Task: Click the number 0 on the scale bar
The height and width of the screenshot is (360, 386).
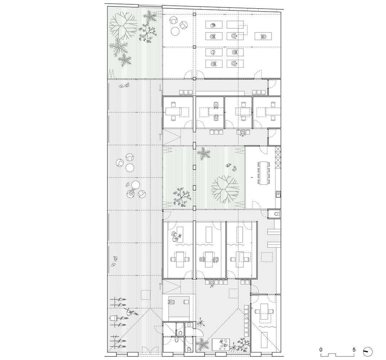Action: click(321, 350)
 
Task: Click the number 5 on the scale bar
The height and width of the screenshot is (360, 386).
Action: click(354, 350)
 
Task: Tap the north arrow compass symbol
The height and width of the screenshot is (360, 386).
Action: click(368, 351)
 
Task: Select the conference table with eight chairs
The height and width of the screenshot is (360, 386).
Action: click(264, 173)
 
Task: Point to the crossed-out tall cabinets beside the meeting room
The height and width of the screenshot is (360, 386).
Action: click(278, 157)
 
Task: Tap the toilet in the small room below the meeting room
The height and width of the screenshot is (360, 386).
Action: click(277, 213)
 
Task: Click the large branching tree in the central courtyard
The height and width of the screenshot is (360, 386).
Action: click(225, 189)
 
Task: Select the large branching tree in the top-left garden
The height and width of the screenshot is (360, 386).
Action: click(123, 26)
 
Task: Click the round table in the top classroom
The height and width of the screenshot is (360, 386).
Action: click(176, 31)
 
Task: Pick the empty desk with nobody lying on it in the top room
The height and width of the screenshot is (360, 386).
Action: click(235, 24)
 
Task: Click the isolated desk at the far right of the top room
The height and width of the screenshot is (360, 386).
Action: click(263, 36)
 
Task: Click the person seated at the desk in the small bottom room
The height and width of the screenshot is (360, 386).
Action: click(172, 301)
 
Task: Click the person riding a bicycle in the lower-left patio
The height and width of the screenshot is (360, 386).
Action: click(129, 312)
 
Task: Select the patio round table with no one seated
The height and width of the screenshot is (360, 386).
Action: click(130, 168)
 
